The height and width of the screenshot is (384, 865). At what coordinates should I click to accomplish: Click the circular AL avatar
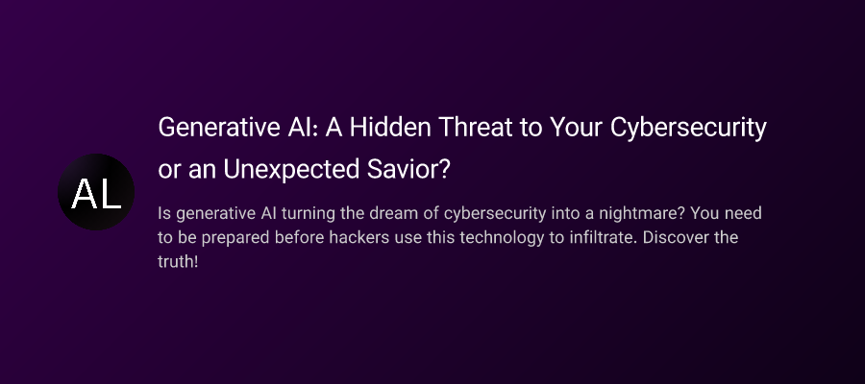[96, 192]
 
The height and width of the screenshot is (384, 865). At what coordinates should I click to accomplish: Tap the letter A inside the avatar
[84, 194]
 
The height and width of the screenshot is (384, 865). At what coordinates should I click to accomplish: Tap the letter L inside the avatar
[109, 194]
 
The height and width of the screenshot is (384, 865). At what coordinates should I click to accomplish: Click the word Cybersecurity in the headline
[687, 128]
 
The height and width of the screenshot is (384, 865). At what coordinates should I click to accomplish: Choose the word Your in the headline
[576, 128]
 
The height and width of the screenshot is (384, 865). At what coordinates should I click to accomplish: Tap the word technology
[498, 235]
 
